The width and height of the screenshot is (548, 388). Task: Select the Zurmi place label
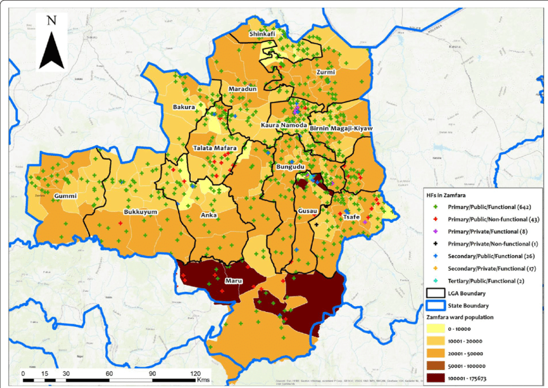point(326,72)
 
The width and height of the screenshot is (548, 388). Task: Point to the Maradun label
point(242,89)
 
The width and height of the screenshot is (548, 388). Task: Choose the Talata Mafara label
point(215,148)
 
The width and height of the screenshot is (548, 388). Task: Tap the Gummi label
point(66,195)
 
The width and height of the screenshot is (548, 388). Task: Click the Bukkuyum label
point(141,211)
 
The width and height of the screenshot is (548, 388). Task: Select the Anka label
point(209,215)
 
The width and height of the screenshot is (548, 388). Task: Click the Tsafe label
point(351,217)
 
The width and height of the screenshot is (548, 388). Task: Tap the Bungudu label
point(289,167)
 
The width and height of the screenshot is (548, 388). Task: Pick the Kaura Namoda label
point(283,124)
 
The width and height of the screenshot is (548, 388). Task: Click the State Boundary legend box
point(436,306)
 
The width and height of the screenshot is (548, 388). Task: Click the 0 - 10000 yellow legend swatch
point(436,329)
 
